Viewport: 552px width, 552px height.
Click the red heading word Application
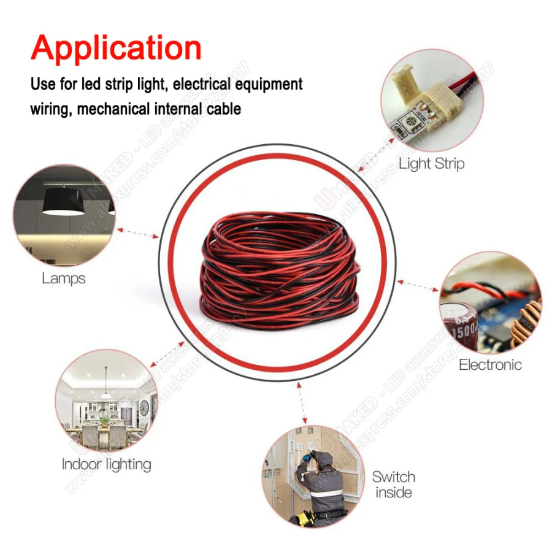[116, 48]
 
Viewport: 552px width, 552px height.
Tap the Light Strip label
[431, 164]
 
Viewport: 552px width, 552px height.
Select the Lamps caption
[63, 278]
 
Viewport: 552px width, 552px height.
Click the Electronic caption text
[490, 364]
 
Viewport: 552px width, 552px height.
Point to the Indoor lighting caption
[106, 464]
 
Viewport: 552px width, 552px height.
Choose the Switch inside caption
[393, 485]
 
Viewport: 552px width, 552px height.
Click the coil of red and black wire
[279, 270]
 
